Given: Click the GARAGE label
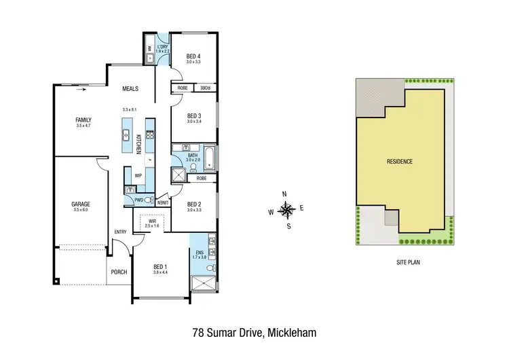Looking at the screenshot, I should click(81, 204).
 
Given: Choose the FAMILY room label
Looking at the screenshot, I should click(83, 120).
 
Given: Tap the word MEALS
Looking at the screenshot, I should click(130, 88).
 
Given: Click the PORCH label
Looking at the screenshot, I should click(119, 277).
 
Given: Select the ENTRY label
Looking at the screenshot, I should click(121, 232).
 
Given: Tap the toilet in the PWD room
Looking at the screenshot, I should click(149, 201).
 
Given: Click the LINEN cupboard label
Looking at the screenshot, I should click(164, 202).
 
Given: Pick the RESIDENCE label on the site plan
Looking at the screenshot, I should click(399, 162).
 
